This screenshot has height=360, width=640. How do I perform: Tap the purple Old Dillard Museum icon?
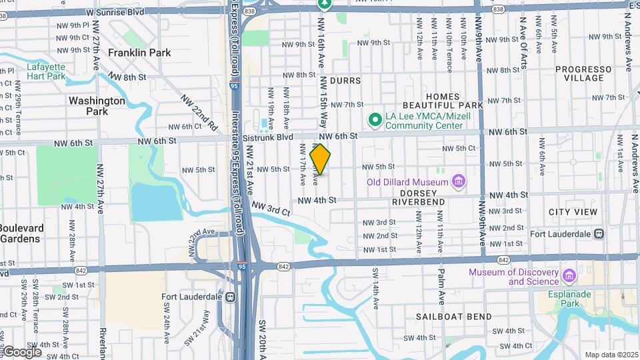458,181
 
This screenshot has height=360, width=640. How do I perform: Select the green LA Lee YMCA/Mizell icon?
375,121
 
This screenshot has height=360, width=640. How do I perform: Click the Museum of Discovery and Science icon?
569,275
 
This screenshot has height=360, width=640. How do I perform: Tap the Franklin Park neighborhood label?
139,53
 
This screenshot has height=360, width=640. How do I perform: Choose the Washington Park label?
97,106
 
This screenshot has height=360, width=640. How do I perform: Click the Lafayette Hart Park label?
46,71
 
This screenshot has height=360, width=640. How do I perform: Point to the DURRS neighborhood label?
345,81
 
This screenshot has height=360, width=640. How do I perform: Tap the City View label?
573,211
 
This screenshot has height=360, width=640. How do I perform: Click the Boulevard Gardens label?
21,233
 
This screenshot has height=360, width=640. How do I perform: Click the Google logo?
21,351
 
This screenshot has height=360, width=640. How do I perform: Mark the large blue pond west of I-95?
156,201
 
